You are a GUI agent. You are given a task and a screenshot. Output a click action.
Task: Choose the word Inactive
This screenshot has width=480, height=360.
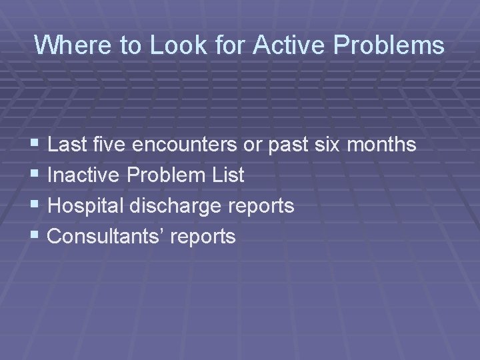click(85, 175)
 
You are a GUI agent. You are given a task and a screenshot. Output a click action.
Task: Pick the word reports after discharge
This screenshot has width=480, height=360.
click(261, 206)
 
